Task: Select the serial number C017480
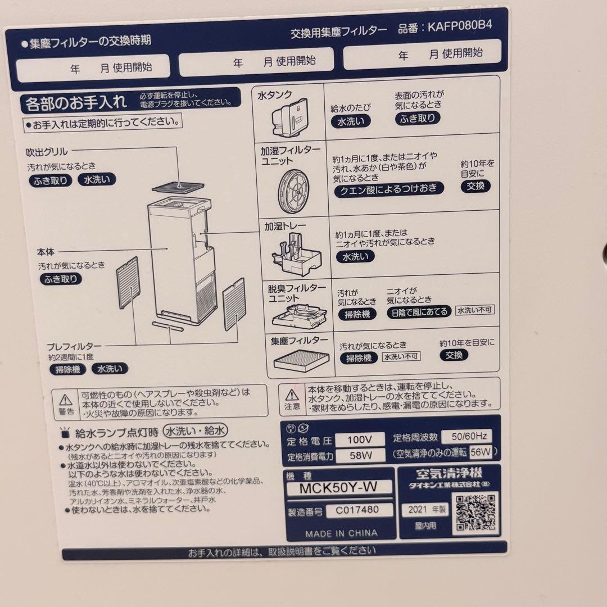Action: click(352, 510)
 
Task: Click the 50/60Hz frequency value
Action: click(466, 436)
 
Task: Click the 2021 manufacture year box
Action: click(425, 510)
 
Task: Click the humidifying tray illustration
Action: click(295, 253)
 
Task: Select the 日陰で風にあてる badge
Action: click(419, 312)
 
